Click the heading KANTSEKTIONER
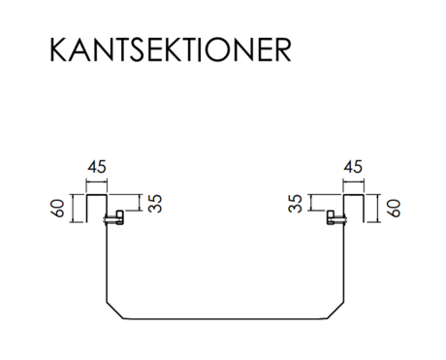pos(171,49)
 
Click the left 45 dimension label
pos(97,167)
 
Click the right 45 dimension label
pos(353,167)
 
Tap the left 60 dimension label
pos(58,209)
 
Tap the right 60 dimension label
pos(394,209)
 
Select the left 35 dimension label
pos(155,204)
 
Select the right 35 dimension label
pos(295,204)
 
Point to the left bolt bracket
pos(113,218)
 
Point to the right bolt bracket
pos(336,218)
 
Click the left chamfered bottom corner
pos(115,311)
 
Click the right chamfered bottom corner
pos(335,311)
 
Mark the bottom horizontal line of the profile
pos(225,319)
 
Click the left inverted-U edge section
pos(97,195)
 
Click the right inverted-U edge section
pos(354,195)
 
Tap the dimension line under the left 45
pos(97,182)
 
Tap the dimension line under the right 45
pos(354,182)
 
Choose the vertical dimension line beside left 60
pos(74,209)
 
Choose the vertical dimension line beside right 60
pos(376,209)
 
